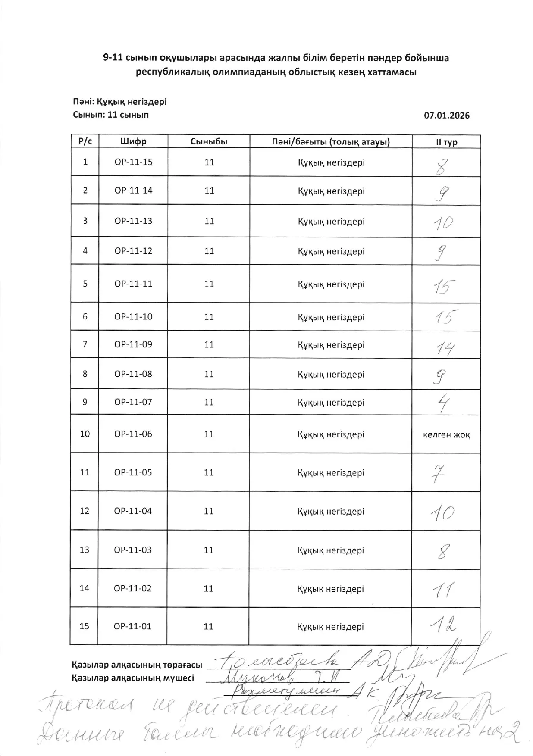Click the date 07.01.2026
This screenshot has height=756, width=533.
click(447, 116)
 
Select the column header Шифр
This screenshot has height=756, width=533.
click(133, 141)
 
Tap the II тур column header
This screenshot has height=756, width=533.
click(446, 142)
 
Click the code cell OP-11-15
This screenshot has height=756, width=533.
click(133, 162)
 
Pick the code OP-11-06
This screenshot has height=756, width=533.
click(133, 434)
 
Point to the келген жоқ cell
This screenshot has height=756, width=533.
click(446, 434)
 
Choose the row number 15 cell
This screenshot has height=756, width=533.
click(85, 626)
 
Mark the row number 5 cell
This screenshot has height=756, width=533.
click(85, 284)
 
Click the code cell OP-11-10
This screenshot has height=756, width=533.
click(133, 316)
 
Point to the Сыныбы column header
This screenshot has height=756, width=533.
click(209, 141)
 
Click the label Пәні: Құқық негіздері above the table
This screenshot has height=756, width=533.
click(119, 102)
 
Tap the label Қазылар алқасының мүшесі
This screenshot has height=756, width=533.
click(133, 678)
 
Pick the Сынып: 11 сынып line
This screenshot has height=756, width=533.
click(111, 115)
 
